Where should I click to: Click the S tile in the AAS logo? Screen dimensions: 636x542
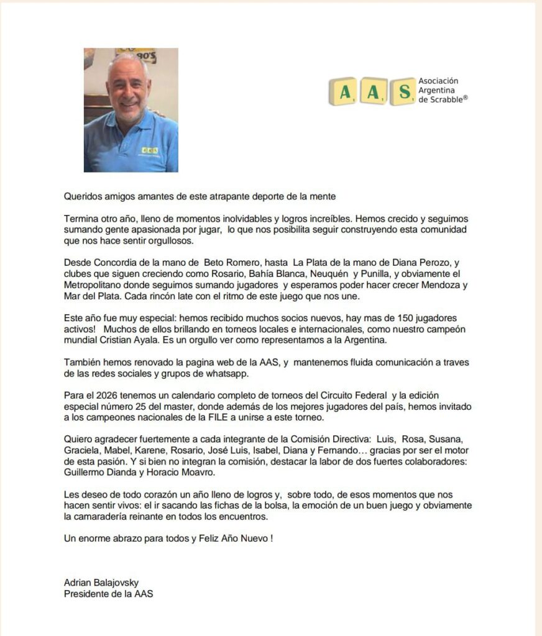403,92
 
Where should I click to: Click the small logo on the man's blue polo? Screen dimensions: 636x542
149,150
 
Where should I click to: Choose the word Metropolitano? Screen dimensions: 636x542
94,285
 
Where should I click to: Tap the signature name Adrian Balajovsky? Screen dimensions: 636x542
101,583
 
